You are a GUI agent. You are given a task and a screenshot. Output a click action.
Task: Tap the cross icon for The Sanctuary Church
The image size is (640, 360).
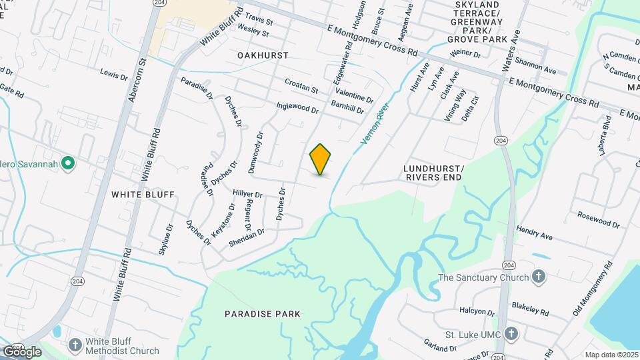click(x=539, y=277)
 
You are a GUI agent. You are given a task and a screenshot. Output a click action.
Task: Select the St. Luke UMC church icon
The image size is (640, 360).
click(x=511, y=333)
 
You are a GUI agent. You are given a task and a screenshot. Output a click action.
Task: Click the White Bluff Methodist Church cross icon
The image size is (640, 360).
click(x=75, y=345)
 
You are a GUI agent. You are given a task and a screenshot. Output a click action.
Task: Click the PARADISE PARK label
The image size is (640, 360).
click(x=263, y=313)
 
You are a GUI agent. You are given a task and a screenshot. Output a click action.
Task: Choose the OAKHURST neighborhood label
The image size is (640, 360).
click(x=263, y=55)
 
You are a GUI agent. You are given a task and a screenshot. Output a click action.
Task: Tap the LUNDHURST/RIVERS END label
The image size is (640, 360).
click(x=433, y=173)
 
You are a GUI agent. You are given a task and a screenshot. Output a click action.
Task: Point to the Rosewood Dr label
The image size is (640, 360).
click(x=598, y=219)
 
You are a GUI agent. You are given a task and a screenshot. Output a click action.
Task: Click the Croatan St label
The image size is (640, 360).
click(x=301, y=87)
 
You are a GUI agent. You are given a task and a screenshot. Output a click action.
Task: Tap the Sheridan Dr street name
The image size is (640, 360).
click(x=246, y=236)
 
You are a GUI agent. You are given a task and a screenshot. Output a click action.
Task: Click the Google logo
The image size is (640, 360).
click(x=21, y=351)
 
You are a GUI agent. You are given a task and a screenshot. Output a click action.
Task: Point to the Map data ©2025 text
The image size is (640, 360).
click(x=611, y=355)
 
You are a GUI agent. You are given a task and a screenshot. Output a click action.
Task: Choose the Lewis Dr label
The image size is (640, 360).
click(x=113, y=73)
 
